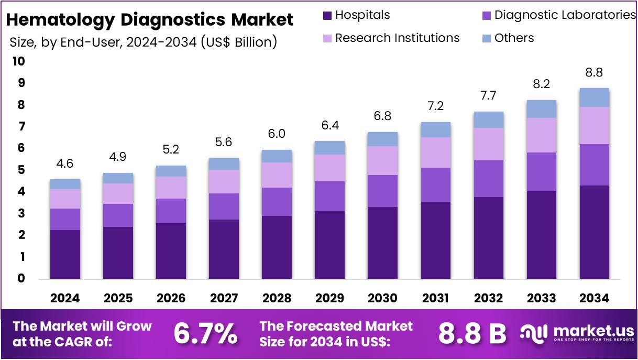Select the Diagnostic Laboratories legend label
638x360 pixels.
(565, 15)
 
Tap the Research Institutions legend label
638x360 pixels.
(397, 38)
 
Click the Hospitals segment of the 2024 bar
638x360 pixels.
(65, 254)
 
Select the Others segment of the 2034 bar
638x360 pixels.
(594, 97)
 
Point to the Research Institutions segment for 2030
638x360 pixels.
(382, 160)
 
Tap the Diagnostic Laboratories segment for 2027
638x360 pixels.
(224, 206)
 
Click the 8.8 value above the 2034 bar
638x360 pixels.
(594, 72)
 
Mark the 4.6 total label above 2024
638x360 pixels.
(65, 163)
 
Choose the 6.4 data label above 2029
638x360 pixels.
(329, 126)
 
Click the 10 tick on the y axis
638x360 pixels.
(18, 61)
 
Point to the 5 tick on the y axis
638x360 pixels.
(20, 170)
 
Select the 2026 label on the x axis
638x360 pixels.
(171, 298)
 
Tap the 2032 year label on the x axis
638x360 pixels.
(488, 298)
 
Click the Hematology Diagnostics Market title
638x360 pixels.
(149, 20)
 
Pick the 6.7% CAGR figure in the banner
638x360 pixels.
(205, 334)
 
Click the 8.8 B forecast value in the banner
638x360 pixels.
(472, 334)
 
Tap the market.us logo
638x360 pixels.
(576, 334)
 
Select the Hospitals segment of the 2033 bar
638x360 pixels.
(541, 235)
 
